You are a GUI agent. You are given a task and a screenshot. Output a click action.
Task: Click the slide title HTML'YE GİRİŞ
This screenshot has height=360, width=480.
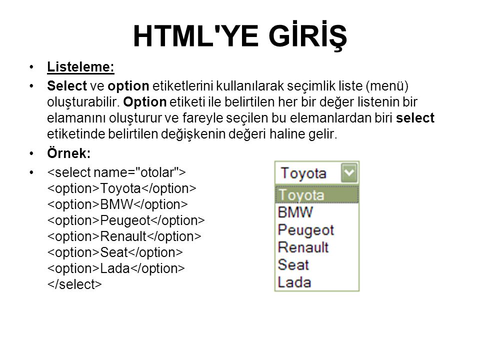coord(240,36)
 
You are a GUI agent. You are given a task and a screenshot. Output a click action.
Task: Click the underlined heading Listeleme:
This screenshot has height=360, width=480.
coord(80,67)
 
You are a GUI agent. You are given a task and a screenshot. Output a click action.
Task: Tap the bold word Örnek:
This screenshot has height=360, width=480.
coord(68,153)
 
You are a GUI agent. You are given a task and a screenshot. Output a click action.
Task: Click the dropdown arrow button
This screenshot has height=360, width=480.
coord(349,173)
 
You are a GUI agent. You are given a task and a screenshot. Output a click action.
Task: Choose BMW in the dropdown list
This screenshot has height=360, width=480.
coord(295,212)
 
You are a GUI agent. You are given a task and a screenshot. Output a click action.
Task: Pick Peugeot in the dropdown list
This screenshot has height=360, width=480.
coord(305,230)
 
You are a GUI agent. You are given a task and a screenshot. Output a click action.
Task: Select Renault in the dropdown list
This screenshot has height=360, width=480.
coord(303,247)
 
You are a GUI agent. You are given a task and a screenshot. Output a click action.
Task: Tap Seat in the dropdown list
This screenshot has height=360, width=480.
coord(293,264)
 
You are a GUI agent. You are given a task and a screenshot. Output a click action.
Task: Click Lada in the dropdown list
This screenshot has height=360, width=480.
coord(294,282)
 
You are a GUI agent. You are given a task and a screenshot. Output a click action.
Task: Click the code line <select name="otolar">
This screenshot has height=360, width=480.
coord(116,172)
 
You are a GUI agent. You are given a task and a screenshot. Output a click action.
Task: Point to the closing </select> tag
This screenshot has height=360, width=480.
coord(74,284)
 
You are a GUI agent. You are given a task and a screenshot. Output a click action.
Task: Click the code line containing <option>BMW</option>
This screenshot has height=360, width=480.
coord(117,204)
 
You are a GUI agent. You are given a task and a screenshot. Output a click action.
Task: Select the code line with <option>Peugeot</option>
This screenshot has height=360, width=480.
coord(126,220)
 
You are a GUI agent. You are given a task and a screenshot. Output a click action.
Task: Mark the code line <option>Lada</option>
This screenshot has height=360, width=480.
coord(116,268)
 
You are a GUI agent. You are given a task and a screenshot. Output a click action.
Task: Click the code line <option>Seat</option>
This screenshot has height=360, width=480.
coord(115,252)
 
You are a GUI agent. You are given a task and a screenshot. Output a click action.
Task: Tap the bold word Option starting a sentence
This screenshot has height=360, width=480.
coord(145,102)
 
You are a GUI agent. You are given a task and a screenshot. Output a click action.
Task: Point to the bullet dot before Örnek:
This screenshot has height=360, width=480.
coord(31,153)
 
